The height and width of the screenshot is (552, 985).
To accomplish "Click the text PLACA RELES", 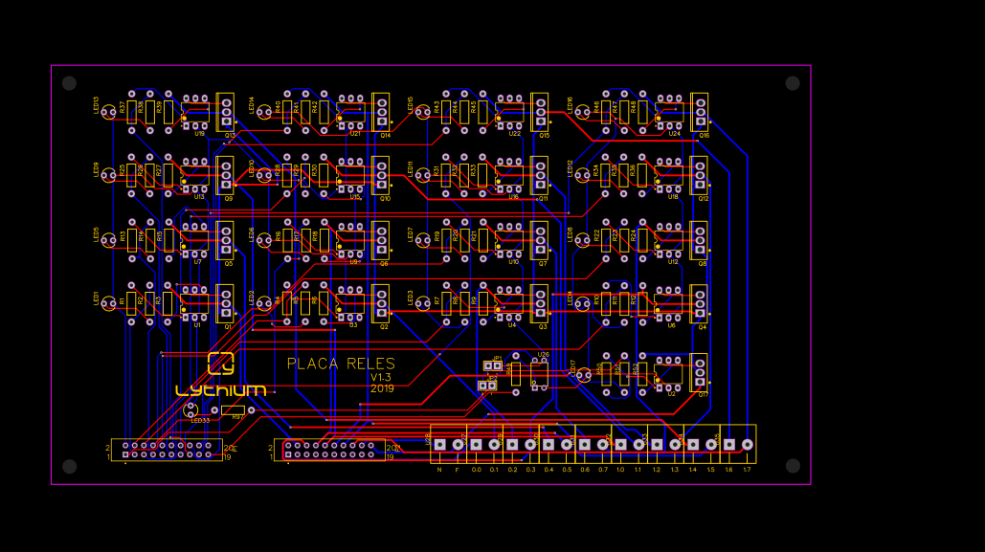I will click(x=341, y=364).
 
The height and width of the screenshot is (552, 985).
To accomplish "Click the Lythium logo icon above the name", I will click(x=221, y=364).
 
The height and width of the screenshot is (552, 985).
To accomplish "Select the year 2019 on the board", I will click(x=382, y=388).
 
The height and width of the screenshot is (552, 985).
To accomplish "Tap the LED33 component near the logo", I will click(x=190, y=410).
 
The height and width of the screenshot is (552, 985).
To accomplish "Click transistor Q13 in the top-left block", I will click(x=226, y=111).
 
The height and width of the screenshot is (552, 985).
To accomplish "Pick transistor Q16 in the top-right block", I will click(x=700, y=111).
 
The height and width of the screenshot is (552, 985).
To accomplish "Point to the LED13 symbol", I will click(x=108, y=112).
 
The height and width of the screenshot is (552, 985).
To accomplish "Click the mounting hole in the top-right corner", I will click(x=793, y=83).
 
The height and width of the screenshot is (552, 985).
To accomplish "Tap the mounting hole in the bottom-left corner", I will click(x=69, y=466).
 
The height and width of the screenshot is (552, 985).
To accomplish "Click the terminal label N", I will click(x=439, y=470).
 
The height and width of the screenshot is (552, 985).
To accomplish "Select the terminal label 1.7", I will click(x=747, y=470).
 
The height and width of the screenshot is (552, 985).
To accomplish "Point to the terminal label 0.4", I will click(x=548, y=470).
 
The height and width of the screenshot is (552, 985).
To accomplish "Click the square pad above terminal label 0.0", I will click(x=476, y=444).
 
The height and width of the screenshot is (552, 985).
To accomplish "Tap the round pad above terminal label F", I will click(x=458, y=444).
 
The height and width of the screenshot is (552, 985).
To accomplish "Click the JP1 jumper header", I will click(x=493, y=365).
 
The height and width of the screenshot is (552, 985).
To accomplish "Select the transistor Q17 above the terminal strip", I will click(x=700, y=372).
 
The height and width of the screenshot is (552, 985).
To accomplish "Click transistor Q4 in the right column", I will click(x=700, y=303).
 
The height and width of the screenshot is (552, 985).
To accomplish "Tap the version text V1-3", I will click(x=382, y=377).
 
